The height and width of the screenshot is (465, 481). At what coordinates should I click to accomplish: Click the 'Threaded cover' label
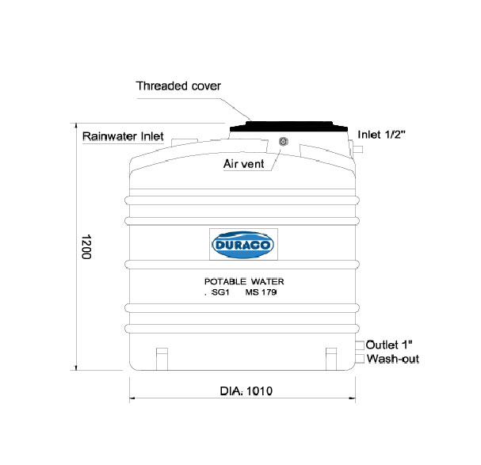178,86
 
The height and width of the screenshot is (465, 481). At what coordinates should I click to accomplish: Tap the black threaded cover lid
288,127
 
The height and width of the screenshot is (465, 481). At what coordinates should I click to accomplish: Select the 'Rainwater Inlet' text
123,136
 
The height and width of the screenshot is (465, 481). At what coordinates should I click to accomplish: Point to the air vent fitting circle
284,142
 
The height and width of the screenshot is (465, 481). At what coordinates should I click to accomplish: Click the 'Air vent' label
243,164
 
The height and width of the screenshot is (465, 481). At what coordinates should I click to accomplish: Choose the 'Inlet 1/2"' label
381,135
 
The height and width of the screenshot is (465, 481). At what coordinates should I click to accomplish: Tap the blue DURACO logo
243,245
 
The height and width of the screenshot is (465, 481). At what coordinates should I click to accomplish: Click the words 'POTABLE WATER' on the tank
244,281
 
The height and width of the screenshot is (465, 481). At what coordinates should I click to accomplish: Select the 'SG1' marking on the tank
220,292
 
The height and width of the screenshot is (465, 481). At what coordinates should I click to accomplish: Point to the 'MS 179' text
261,292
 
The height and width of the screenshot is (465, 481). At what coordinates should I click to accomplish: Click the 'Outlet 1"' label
389,345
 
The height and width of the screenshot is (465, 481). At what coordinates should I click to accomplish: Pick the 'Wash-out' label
393,359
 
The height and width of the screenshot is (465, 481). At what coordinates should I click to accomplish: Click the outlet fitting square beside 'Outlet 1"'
360,345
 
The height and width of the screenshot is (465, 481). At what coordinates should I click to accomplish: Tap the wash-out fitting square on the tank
360,359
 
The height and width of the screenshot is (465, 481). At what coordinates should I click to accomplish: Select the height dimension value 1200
87,247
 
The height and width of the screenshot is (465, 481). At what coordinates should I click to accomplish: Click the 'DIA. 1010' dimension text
246,391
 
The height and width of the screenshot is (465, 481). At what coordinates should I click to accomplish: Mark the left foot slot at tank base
162,359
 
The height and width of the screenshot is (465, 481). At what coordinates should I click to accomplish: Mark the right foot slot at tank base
331,359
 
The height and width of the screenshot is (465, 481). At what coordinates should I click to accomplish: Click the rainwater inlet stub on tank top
185,142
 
